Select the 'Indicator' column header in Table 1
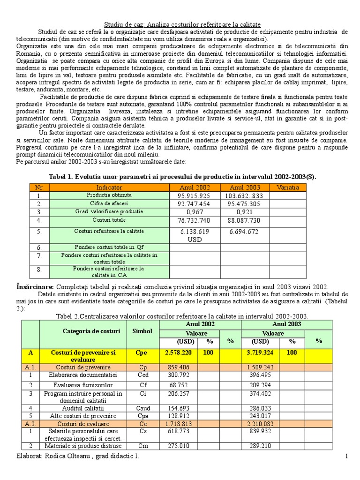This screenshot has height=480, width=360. coord(109,187)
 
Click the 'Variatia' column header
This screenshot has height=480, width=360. coord(287,187)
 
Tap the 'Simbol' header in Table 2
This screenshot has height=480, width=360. coord(142,331)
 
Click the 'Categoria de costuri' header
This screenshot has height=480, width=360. coord(91,331)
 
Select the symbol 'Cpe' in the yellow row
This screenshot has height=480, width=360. coord(142,352)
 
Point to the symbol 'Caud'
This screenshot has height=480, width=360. coord(143,408)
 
